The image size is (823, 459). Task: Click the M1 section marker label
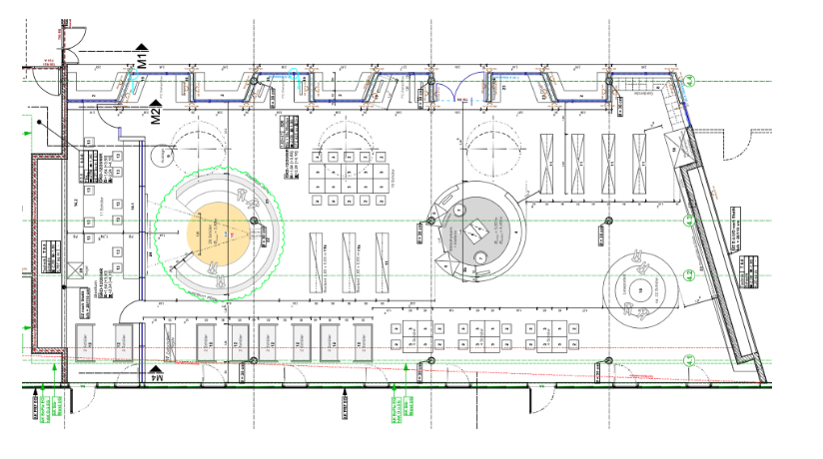point(144,59)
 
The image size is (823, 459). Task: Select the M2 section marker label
point(156,115)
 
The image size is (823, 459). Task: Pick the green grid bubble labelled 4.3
point(688,220)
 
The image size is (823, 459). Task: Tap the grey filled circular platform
point(475,230)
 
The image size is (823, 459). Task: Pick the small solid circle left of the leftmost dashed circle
point(161,157)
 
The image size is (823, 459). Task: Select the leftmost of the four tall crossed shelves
point(549,164)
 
